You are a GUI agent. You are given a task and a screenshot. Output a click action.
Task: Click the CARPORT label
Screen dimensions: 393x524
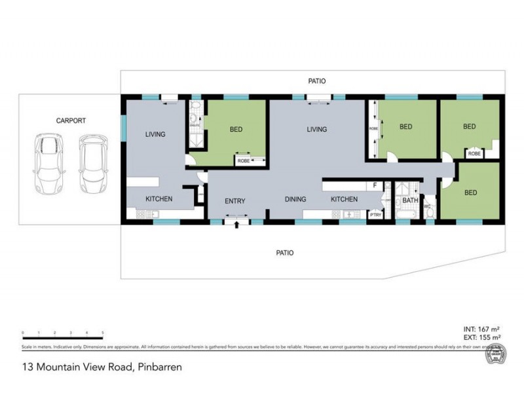pyautogui.click(x=71, y=121)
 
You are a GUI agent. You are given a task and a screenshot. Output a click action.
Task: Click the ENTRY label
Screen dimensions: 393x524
pyautogui.click(x=234, y=200)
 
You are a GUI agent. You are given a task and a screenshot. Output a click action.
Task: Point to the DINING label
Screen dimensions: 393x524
pyautogui.click(x=295, y=198)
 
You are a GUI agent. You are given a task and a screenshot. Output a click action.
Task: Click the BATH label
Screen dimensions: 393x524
pyautogui.click(x=410, y=200)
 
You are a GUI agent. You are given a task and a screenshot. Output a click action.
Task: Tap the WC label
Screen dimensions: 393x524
pyautogui.click(x=427, y=207)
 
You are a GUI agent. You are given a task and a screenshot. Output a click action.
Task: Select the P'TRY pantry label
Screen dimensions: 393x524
pyautogui.click(x=375, y=214)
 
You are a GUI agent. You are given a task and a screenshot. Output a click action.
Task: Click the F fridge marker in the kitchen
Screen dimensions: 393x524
pyautogui.click(x=375, y=185)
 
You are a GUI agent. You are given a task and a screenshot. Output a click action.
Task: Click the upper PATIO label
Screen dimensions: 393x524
pyautogui.click(x=317, y=81)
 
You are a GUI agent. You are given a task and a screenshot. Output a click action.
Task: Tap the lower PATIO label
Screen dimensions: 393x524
pyautogui.click(x=284, y=252)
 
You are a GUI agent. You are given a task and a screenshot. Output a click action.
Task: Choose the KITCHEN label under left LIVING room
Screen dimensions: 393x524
pyautogui.click(x=159, y=198)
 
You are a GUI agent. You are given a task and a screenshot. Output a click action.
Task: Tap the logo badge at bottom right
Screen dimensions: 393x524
pyautogui.click(x=496, y=354)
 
